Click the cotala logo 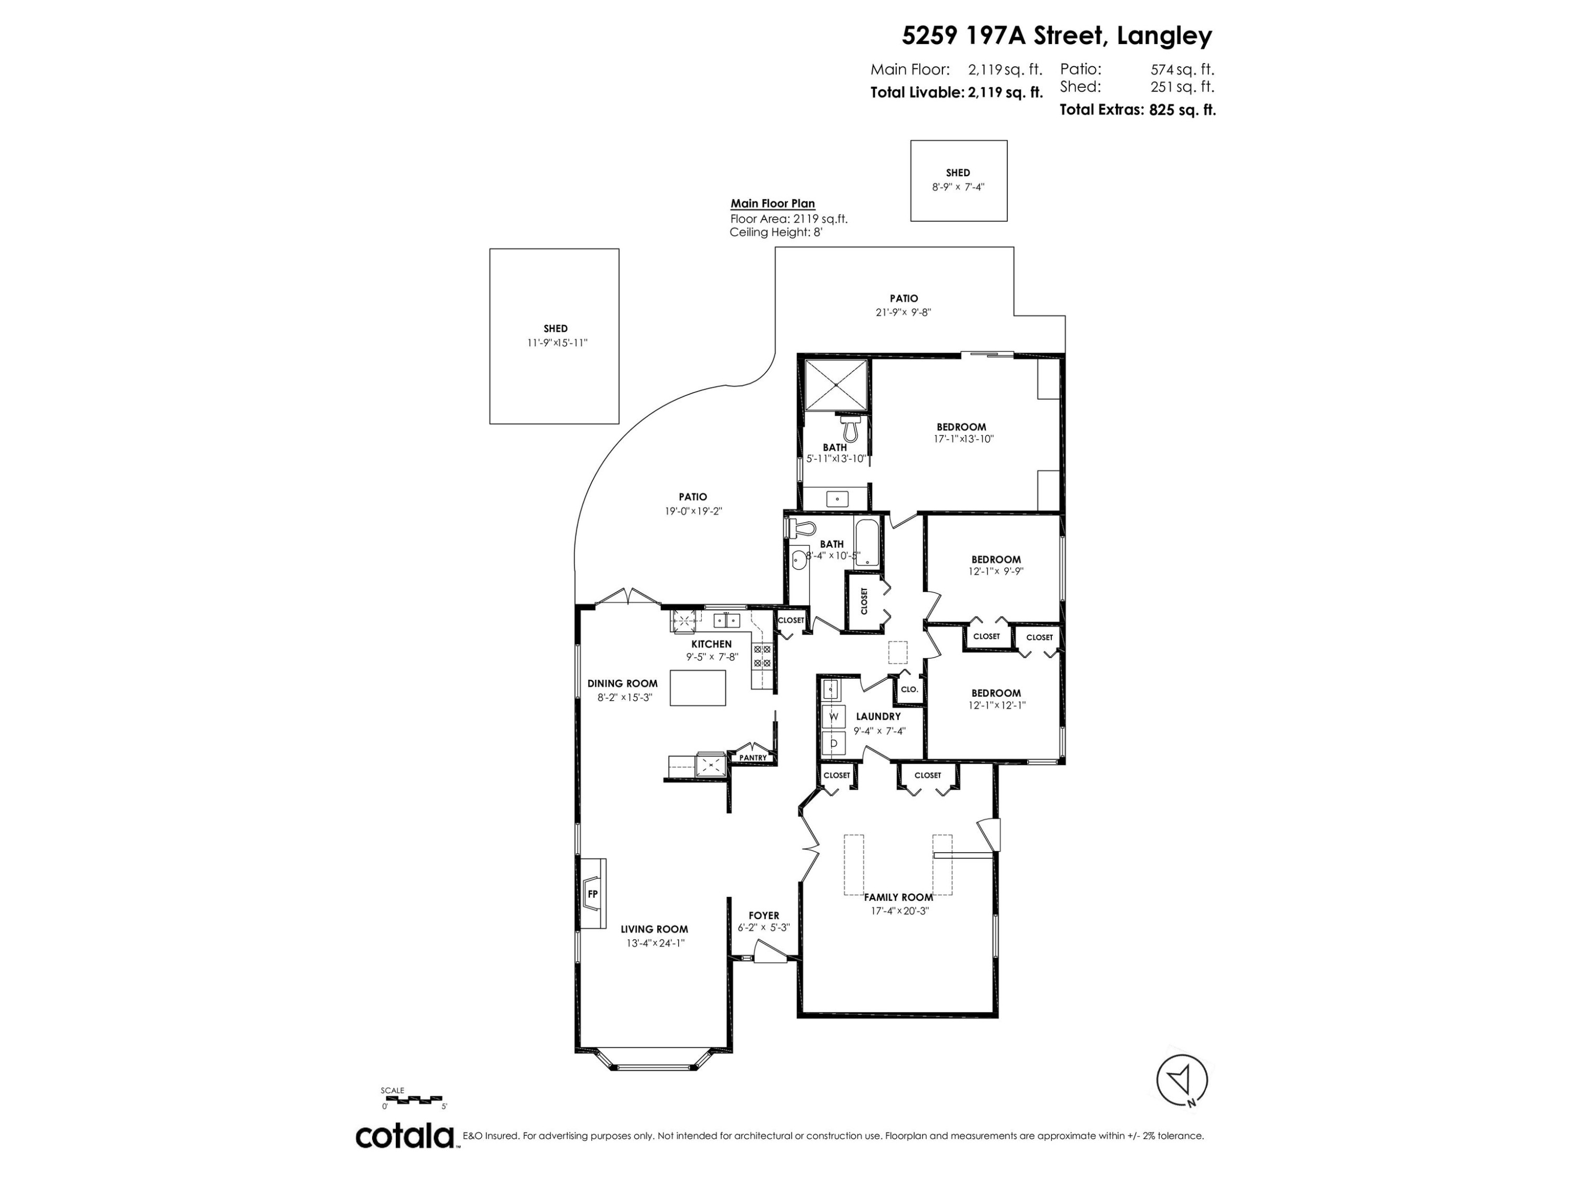[405, 1136]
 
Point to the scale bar [413, 1100]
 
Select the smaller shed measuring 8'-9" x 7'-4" [958, 180]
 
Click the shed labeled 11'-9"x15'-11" [554, 336]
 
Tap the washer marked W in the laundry [833, 716]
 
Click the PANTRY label [753, 758]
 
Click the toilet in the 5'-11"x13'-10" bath [849, 428]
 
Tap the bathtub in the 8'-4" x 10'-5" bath [866, 542]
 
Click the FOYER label [764, 916]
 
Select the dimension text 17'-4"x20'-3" [899, 910]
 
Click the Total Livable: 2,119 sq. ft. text [956, 92]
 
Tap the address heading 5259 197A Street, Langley [1057, 36]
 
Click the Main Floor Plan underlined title [772, 204]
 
